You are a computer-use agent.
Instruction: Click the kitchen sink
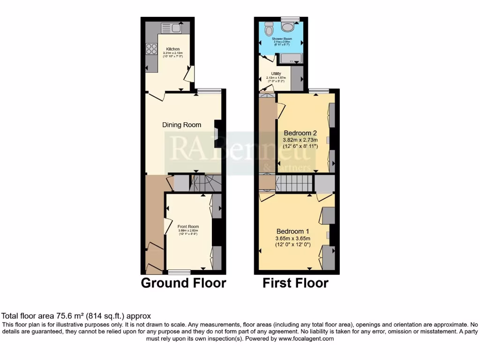point(172,28)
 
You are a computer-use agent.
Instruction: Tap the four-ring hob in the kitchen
point(152,49)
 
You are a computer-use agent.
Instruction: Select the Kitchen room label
point(172,49)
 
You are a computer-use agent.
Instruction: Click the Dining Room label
point(181,125)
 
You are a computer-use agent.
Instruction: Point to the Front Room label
point(188,226)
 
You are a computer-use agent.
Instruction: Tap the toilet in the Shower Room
point(269,29)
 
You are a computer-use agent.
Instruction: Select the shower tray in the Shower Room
point(291,59)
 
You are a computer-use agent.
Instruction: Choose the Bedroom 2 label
point(300,132)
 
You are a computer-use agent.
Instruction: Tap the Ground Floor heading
point(183,283)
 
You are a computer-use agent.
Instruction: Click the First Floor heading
point(295,283)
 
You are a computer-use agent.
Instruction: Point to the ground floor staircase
point(204,182)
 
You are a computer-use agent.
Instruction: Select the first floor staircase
point(294,184)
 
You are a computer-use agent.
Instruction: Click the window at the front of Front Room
point(180,272)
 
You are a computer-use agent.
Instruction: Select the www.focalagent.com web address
point(306,338)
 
